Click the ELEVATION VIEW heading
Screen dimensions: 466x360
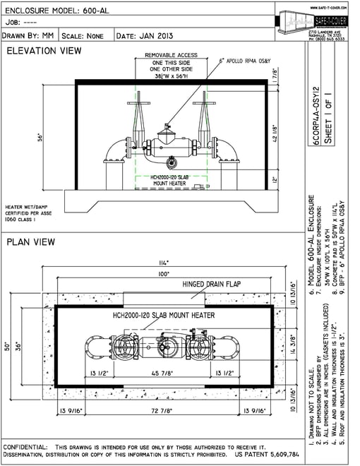(44, 52)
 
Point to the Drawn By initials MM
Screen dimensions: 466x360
(49, 34)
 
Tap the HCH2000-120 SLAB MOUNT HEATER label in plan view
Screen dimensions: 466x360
(164, 315)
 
